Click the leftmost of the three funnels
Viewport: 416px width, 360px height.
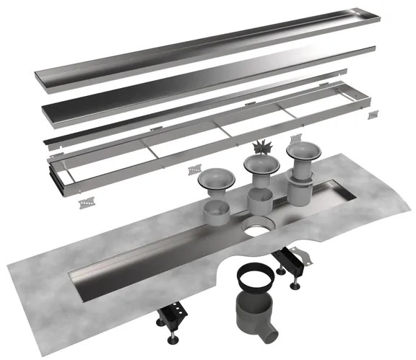point(211,181)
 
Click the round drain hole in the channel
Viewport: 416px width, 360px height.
point(255,231)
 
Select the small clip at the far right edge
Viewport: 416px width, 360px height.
point(373,115)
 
